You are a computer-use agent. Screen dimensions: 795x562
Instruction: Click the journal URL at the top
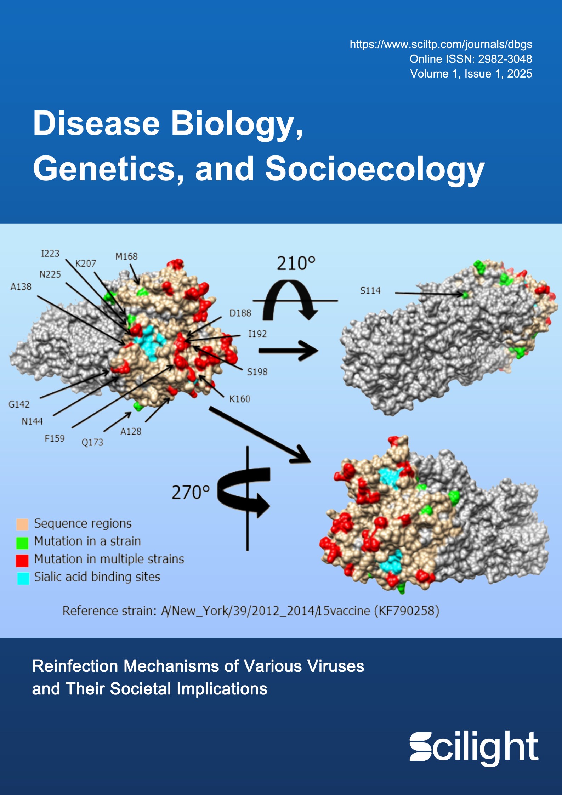441,44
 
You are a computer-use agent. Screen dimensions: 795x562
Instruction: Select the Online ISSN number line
471,59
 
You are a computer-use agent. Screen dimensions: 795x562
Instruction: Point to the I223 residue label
50,254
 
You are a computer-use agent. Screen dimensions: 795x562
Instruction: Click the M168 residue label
126,256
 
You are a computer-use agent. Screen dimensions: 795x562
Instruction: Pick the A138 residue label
21,286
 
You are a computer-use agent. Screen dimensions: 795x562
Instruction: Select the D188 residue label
240,313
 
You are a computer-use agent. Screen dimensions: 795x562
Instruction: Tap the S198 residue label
257,372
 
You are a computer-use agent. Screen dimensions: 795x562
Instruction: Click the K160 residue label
240,399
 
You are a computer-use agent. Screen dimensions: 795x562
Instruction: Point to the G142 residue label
19,404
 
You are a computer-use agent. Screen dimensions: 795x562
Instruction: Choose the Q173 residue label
92,442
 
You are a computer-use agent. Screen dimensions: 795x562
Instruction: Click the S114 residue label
370,291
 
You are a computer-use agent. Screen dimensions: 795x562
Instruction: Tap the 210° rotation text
296,263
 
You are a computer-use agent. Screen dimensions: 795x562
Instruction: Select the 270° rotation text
191,493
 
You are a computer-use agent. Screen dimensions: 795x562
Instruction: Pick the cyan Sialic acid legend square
23,578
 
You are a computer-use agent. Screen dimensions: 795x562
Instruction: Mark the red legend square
22,560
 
